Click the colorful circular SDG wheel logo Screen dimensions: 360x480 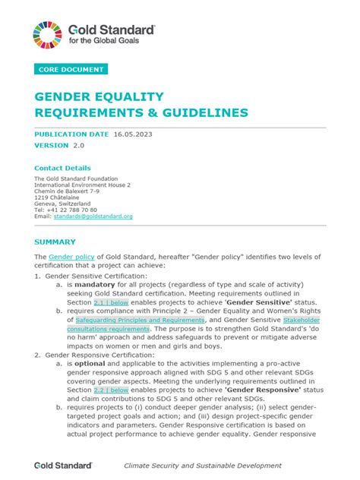(48, 35)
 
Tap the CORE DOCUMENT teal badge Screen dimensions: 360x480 (71, 70)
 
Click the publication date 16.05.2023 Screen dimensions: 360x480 (139, 134)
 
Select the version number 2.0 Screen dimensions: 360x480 (79, 144)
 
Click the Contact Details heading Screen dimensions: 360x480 (62, 168)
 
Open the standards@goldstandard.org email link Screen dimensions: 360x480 (93, 216)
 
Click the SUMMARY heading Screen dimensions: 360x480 (55, 242)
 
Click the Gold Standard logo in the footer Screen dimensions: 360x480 (63, 465)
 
